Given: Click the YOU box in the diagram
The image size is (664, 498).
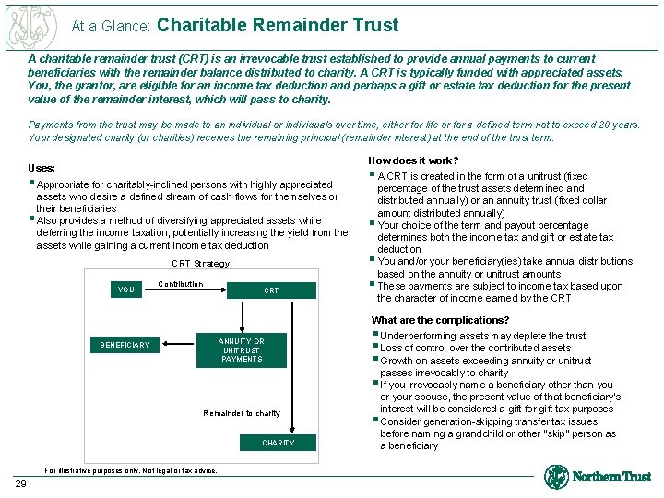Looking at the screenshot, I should [126, 290].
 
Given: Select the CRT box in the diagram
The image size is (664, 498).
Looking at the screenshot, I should [271, 290].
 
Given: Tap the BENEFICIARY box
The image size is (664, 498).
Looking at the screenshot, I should [125, 345].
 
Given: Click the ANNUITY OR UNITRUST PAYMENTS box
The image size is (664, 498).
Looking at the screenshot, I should [242, 350].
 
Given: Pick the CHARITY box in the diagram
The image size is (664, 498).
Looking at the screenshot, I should [278, 443].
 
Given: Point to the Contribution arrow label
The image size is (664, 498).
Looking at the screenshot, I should [181, 284].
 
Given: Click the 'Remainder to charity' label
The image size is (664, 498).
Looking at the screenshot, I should [242, 413].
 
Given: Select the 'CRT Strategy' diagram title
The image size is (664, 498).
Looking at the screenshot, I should [201, 264].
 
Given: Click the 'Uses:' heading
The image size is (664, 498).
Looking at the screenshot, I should [41, 169].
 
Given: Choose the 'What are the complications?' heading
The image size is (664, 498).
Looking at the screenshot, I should [427, 321].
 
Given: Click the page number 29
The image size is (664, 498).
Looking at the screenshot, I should [20, 483].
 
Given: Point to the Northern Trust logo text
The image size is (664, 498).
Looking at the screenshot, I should [611, 477].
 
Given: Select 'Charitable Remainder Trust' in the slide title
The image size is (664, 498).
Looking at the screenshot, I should [279, 25].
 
